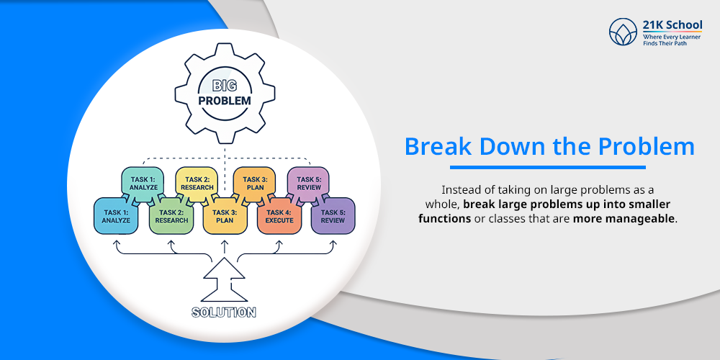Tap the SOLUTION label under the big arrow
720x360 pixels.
tap(224, 312)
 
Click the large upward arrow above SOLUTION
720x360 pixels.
tap(224, 283)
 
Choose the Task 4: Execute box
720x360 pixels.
tap(279, 216)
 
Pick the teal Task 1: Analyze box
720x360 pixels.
tap(143, 184)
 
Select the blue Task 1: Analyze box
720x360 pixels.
tap(116, 216)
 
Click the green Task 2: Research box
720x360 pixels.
tap(171, 216)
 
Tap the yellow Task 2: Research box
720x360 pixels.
tap(198, 184)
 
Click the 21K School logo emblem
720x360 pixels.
tap(622, 32)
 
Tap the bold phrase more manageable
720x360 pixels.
tap(624, 218)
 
